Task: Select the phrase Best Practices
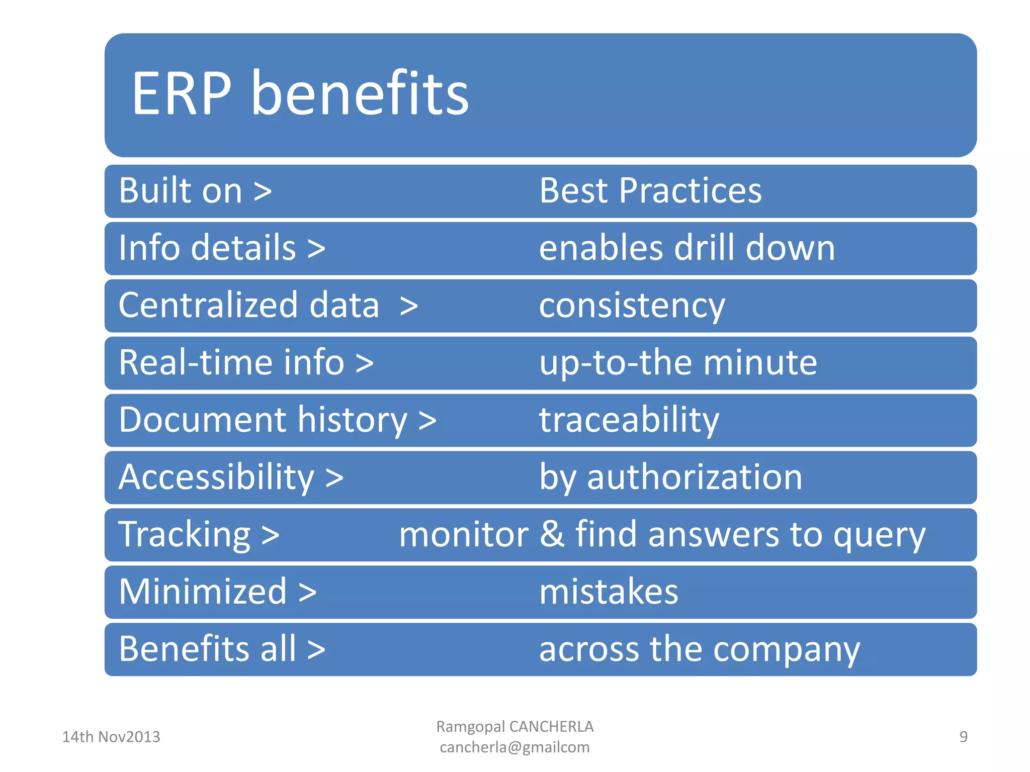click(x=650, y=190)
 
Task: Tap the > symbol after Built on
click(x=263, y=191)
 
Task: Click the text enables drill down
click(x=686, y=248)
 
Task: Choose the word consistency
click(x=632, y=306)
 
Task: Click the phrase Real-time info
click(x=232, y=362)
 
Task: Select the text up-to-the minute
click(x=677, y=362)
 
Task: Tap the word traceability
click(x=629, y=420)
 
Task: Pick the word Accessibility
click(x=216, y=477)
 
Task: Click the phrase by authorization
click(x=670, y=477)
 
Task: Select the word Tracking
click(x=184, y=534)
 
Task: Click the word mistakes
click(x=609, y=592)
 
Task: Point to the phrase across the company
click(x=699, y=649)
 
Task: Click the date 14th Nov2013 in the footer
click(x=111, y=737)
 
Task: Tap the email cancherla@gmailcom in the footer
click(x=514, y=747)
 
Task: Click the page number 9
click(x=963, y=737)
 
